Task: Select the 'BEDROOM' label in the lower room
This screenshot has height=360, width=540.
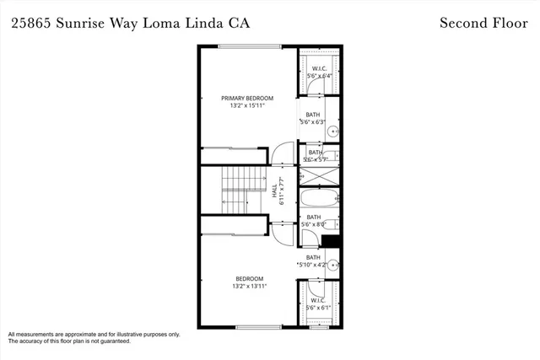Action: pyautogui.click(x=249, y=279)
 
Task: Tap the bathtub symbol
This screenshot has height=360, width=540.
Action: pyautogui.click(x=320, y=201)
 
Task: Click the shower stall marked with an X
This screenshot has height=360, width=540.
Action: pyautogui.click(x=320, y=176)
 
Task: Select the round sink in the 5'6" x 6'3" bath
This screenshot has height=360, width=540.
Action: pyautogui.click(x=332, y=132)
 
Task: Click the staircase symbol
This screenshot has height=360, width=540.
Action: pyautogui.click(x=241, y=191)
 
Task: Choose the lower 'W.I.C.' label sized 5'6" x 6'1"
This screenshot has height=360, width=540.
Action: pyautogui.click(x=319, y=300)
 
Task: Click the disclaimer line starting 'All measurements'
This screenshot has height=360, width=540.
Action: pyautogui.click(x=94, y=335)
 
